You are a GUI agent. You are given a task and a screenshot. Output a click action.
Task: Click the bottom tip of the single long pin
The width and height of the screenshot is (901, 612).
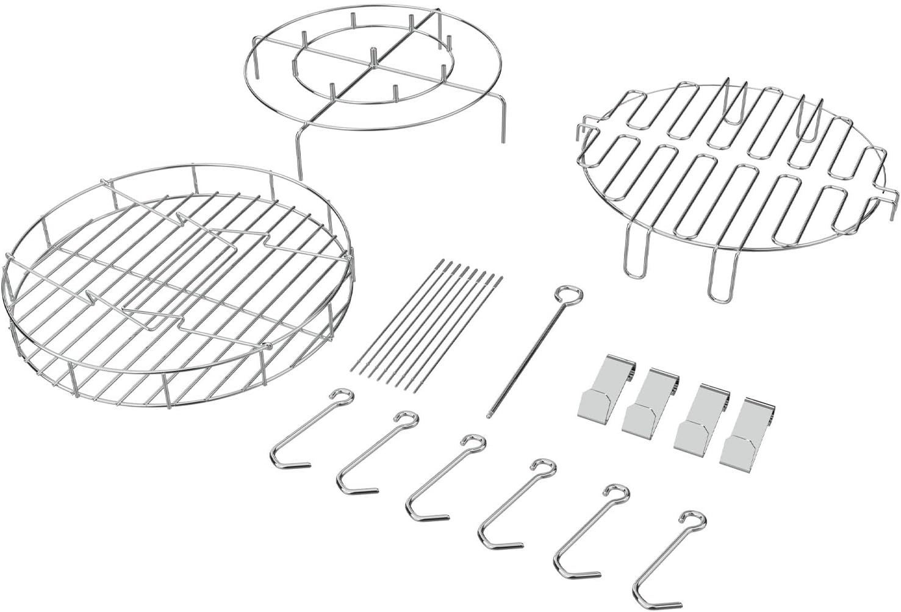[489, 416]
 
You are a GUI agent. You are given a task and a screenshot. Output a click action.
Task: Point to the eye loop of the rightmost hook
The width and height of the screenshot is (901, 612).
[697, 519]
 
